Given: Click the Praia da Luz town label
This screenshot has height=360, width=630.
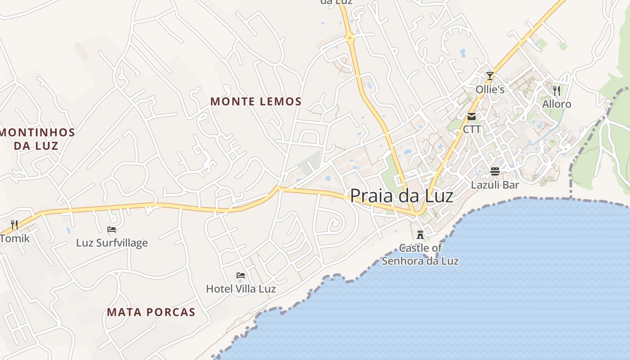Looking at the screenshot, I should pos(401,196).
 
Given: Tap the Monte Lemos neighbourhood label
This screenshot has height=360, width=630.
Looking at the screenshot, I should pos(256,102).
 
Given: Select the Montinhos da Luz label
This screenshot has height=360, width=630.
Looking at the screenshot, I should pos(37,139).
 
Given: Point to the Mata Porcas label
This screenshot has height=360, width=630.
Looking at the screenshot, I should pos(151,312).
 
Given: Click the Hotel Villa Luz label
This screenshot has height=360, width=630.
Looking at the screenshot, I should pos(241,288).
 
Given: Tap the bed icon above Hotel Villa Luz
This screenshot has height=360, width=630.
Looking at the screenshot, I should pos(241,275).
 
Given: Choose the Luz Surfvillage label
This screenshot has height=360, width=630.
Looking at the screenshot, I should pos(112,243).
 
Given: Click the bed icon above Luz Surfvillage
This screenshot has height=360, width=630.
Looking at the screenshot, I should pos(112,229).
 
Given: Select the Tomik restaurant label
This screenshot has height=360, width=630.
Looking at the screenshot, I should pos(14,238).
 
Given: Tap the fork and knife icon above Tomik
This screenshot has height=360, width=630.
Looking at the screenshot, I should pos(14,225).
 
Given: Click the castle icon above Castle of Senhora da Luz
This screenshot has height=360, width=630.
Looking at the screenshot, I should pos(420,234).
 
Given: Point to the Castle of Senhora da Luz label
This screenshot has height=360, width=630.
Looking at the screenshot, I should pos(420,254).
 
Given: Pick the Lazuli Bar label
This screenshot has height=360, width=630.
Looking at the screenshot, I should pos(495,184).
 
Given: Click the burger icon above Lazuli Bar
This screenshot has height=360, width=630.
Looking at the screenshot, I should pos(495,171).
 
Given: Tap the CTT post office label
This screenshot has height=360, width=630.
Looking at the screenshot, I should pos(472,130).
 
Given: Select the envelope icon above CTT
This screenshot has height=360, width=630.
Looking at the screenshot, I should pos(472,117).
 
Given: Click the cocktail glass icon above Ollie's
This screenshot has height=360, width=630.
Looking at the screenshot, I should pos(490,76).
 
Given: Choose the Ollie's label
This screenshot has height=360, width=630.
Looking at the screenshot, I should pos(490,90).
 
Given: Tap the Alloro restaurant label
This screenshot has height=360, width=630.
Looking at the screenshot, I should pos(557,104).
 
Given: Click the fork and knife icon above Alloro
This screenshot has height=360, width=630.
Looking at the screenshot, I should pos(557,90).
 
